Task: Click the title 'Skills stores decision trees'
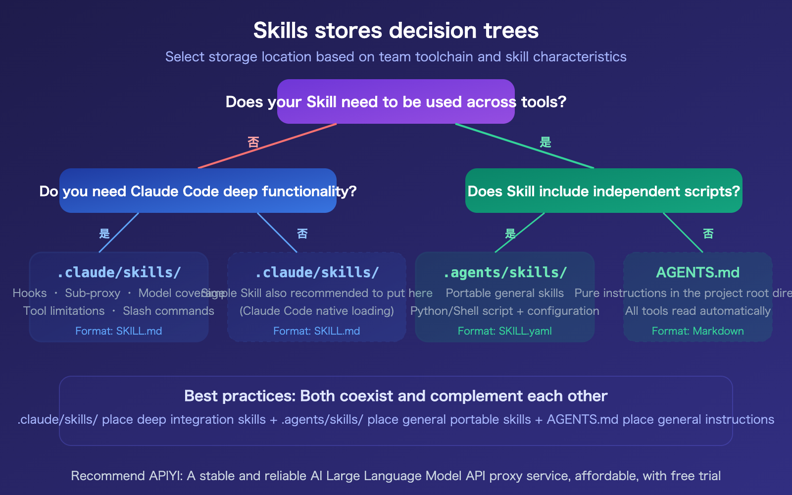[396, 30]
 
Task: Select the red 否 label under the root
[253, 143]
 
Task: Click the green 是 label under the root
[545, 143]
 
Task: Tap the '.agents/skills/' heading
[504, 272]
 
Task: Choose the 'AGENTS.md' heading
[697, 272]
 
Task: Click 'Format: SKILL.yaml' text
[504, 331]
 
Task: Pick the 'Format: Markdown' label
[697, 331]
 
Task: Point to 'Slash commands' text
[168, 311]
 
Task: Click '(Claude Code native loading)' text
[317, 311]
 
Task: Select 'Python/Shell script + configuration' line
[504, 311]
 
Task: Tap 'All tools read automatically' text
[697, 311]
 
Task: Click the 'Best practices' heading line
[396, 396]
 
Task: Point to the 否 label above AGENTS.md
[708, 234]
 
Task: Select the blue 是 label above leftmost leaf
[104, 234]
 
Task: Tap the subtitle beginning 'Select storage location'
[396, 57]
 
